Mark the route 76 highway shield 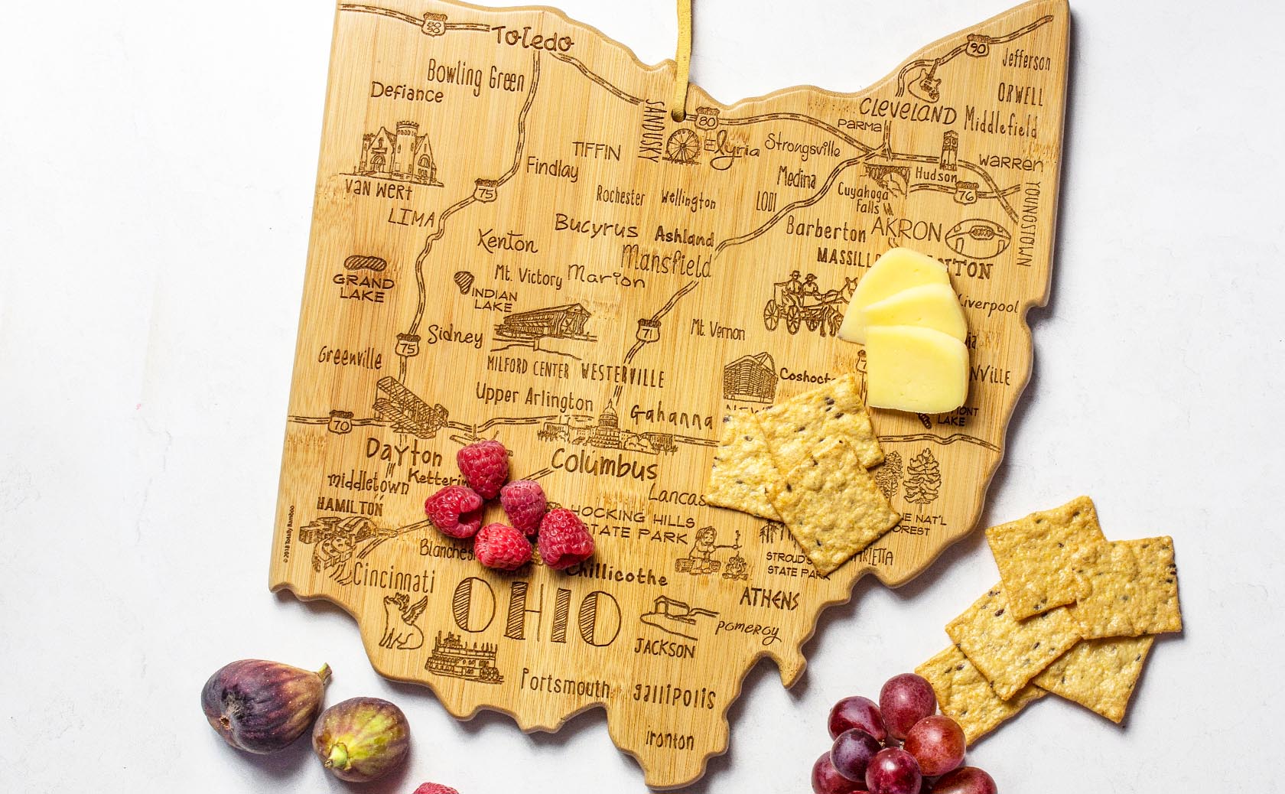click(967, 194)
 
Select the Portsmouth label click(565, 683)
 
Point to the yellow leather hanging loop click(678, 61)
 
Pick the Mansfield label click(666, 262)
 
